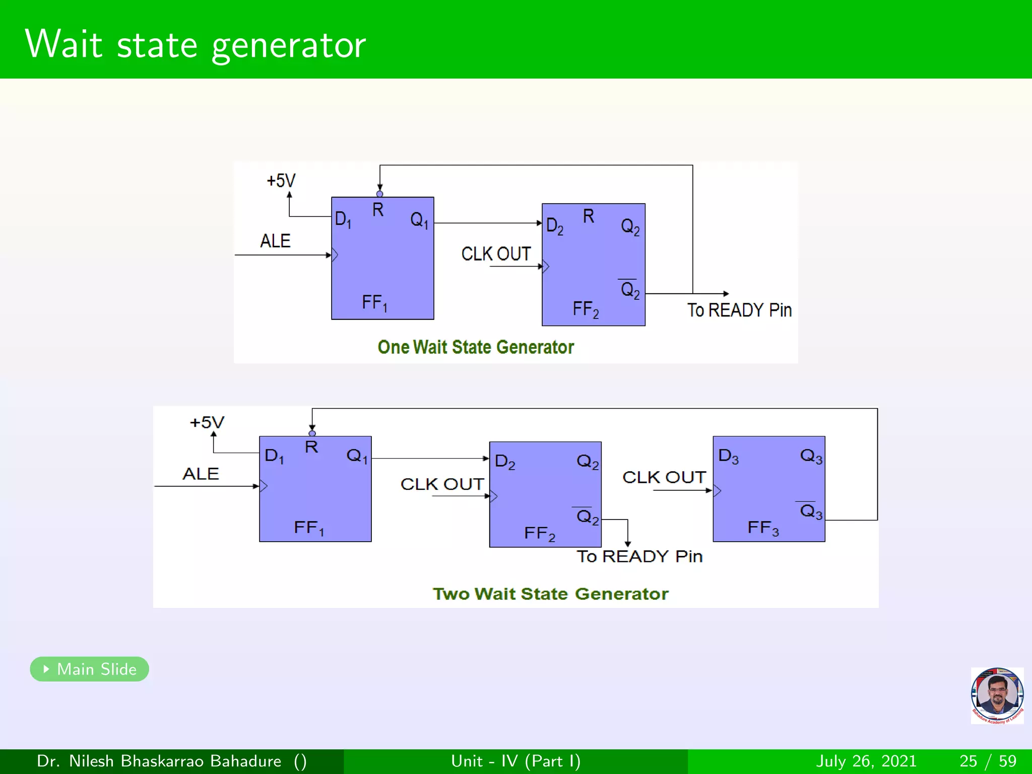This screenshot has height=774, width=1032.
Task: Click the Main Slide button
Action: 90,669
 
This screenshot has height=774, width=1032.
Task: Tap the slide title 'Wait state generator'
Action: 195,44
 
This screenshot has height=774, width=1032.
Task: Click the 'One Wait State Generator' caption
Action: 476,347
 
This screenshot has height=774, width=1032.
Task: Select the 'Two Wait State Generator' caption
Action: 550,594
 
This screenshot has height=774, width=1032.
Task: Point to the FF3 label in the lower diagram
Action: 763,528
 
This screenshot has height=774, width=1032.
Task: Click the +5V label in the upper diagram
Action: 281,180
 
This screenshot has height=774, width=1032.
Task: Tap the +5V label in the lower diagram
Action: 207,422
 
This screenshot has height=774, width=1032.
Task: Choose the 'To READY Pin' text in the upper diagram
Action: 739,310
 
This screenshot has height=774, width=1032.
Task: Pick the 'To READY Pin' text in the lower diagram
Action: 639,556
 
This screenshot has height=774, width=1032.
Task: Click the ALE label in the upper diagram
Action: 275,241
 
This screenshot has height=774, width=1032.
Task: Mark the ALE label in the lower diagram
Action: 201,474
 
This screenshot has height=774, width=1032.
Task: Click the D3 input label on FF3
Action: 728,456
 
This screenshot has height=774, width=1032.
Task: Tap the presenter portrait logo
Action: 997,695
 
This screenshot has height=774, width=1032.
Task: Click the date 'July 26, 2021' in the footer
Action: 866,761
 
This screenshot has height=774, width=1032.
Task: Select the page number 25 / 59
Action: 988,761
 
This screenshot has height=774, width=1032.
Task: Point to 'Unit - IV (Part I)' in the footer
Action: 515,761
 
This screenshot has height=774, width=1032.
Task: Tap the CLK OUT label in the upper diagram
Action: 496,254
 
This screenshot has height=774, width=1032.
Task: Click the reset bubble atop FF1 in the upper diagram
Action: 380,194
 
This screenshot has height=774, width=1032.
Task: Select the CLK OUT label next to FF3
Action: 664,477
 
